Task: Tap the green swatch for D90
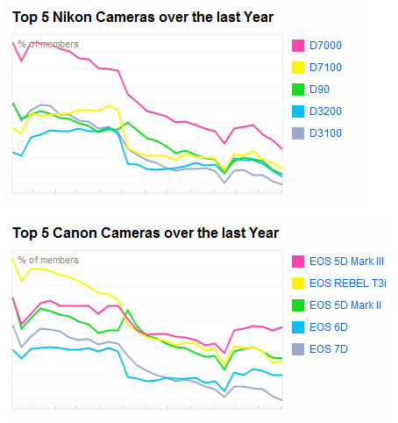coord(296,90)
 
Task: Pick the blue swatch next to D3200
coord(296,111)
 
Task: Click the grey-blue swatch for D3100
coord(296,133)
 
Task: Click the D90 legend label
coord(320,90)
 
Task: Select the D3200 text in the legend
coord(326,111)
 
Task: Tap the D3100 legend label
coord(326,133)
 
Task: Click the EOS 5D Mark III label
coord(346,262)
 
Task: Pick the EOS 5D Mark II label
coord(345,305)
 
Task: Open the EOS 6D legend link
coord(329,327)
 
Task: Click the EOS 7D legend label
coord(329,349)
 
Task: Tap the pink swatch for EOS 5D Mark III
coord(296,262)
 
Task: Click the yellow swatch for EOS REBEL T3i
coord(296,283)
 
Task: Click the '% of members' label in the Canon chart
coord(48,261)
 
